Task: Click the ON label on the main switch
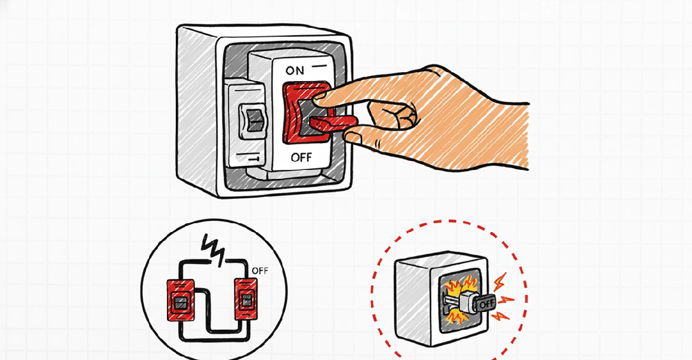[x=295, y=70]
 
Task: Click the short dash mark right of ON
[x=320, y=63]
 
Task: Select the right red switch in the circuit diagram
[x=244, y=300]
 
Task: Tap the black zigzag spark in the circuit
[x=213, y=247]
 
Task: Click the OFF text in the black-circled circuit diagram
[x=260, y=271]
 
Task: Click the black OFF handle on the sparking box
[x=484, y=303]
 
